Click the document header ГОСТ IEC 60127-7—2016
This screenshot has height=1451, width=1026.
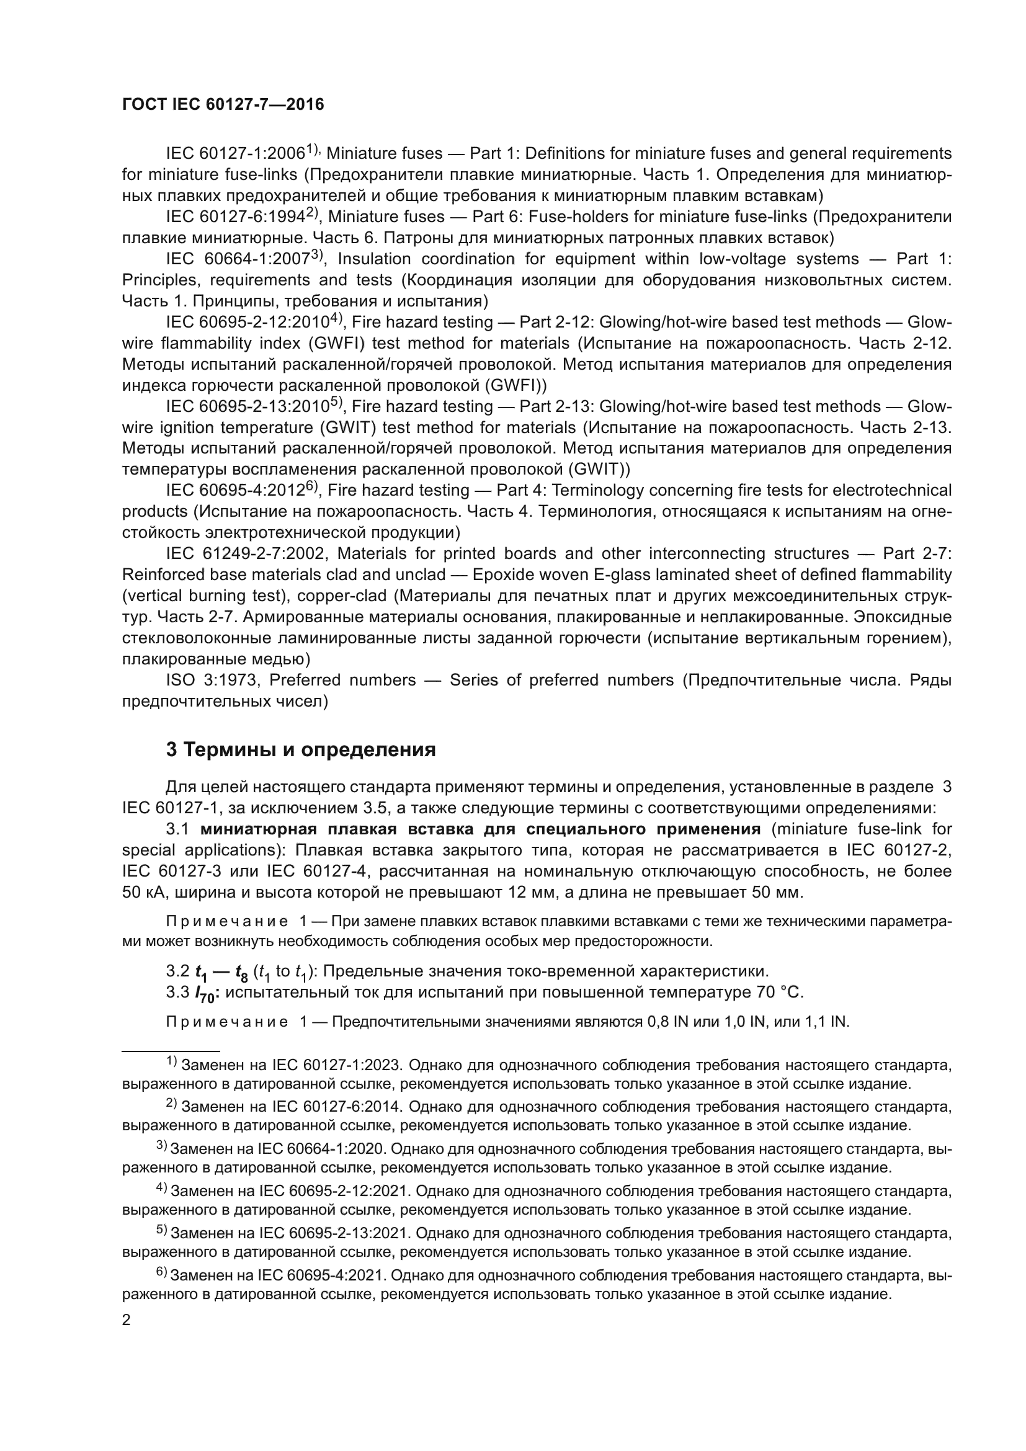[x=223, y=105]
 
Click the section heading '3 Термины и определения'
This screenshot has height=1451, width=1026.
[x=301, y=749]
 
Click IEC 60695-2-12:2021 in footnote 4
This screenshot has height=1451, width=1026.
[x=335, y=1191]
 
